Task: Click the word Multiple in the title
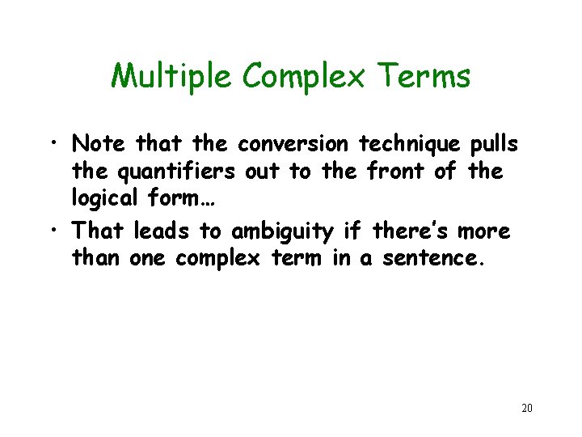(x=172, y=76)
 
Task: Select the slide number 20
(x=527, y=408)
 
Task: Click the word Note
(x=99, y=144)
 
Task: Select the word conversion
(x=293, y=144)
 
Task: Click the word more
(x=483, y=231)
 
